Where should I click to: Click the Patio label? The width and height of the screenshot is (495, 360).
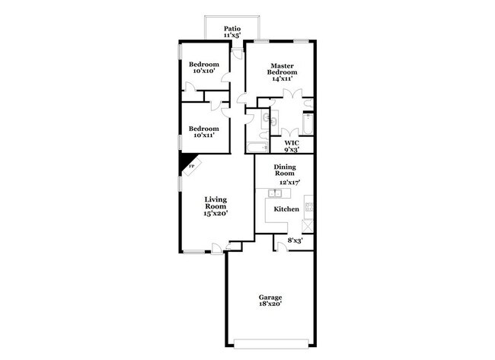[232, 28]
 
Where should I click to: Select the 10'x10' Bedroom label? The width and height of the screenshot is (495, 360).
[204, 67]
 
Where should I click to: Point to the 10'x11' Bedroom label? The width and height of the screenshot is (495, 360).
[204, 132]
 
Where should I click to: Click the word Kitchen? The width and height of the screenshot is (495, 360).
[286, 209]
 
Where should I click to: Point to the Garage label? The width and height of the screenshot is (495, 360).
[270, 297]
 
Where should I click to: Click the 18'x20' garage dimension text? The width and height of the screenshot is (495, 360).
[270, 304]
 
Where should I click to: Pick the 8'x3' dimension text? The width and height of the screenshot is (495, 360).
[294, 241]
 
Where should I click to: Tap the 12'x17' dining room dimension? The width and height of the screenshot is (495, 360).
[289, 182]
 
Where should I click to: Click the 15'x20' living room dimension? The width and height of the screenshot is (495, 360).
[216, 214]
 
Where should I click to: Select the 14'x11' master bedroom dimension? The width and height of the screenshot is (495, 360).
[281, 78]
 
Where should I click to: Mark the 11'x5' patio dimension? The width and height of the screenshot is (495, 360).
[232, 36]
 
